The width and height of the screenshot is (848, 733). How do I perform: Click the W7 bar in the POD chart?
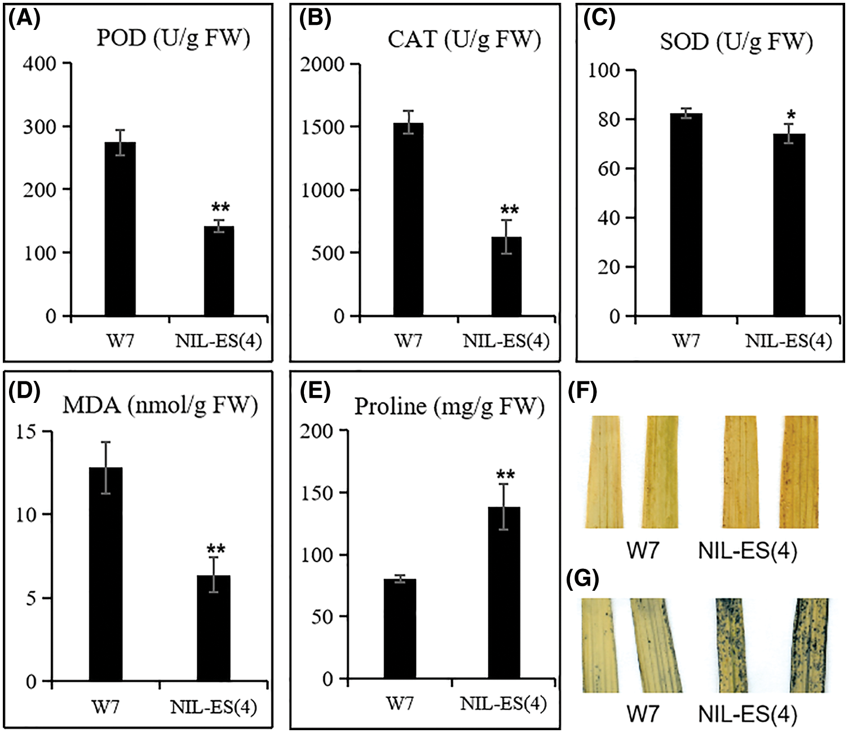(120, 229)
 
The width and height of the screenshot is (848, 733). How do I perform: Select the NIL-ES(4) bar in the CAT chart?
(506, 276)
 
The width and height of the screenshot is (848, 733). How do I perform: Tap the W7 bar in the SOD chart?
(686, 214)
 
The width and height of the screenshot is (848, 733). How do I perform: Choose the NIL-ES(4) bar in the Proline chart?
(504, 592)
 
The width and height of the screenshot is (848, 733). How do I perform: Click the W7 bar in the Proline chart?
(400, 629)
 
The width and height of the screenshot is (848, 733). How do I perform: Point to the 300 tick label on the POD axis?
(39, 127)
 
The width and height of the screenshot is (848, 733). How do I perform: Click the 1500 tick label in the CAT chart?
(322, 128)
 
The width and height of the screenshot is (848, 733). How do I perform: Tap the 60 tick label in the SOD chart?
(608, 169)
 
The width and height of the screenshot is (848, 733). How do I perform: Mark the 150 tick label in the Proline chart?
(316, 493)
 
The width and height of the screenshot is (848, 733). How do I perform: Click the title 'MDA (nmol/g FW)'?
(160, 405)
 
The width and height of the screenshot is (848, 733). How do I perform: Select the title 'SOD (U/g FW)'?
(736, 41)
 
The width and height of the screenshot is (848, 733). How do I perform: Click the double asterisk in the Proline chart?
(505, 475)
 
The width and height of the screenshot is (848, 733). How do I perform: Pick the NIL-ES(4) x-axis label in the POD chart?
(218, 341)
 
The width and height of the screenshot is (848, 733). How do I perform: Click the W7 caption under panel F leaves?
(643, 550)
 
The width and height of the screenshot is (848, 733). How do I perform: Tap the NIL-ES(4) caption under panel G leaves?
(748, 714)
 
